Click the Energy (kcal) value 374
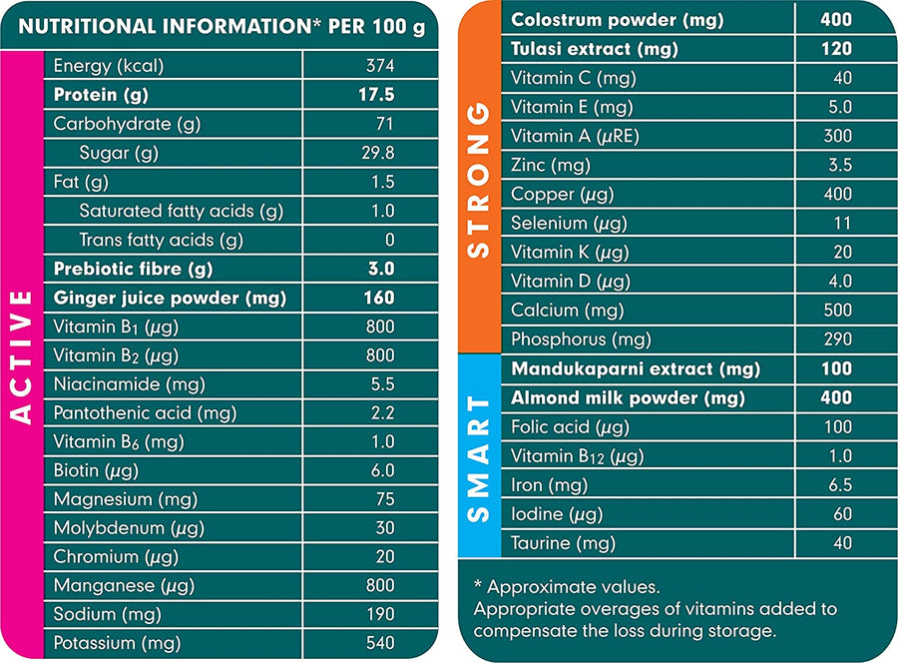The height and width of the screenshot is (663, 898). (x=380, y=66)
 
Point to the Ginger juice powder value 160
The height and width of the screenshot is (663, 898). (x=379, y=298)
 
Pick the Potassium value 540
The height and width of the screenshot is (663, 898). (x=379, y=643)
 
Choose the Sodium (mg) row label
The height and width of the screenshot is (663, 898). (x=108, y=614)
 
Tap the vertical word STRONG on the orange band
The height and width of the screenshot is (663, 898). (x=480, y=179)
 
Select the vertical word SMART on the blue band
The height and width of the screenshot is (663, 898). (x=480, y=458)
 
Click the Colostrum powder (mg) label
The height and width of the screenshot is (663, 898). (x=617, y=20)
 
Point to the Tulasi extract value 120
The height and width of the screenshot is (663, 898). (x=836, y=48)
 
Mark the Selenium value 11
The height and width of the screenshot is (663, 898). (x=842, y=223)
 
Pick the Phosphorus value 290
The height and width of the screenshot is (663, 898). (x=837, y=339)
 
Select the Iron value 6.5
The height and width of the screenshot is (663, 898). (x=840, y=485)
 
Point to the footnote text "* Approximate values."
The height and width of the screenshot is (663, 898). (x=566, y=587)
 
